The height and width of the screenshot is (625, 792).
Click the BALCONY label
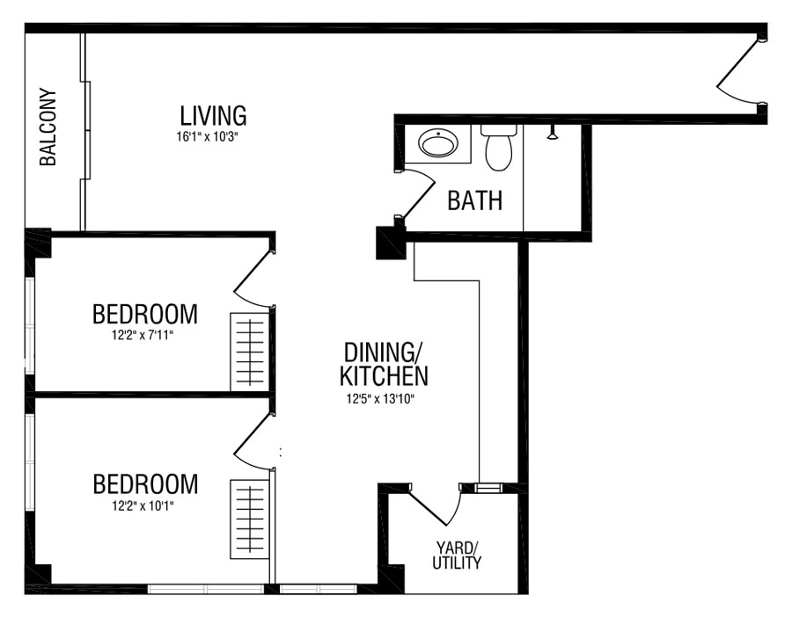[48, 127]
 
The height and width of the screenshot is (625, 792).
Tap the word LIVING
[213, 115]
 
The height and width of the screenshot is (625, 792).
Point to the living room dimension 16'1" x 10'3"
[207, 137]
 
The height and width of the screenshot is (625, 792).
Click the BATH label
[475, 200]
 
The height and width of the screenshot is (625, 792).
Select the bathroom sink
[438, 144]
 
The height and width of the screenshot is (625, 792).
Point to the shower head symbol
[554, 132]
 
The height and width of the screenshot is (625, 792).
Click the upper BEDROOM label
[145, 314]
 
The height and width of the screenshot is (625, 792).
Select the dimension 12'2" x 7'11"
[143, 335]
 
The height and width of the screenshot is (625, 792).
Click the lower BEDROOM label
[145, 483]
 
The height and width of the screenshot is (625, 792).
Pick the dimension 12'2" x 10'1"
[143, 505]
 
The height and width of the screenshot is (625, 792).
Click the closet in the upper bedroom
[250, 352]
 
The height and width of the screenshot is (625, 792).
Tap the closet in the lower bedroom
[250, 519]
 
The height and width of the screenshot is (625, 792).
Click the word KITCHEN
[384, 376]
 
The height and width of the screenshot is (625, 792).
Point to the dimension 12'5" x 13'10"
[380, 399]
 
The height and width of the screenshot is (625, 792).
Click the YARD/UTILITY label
[457, 555]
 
